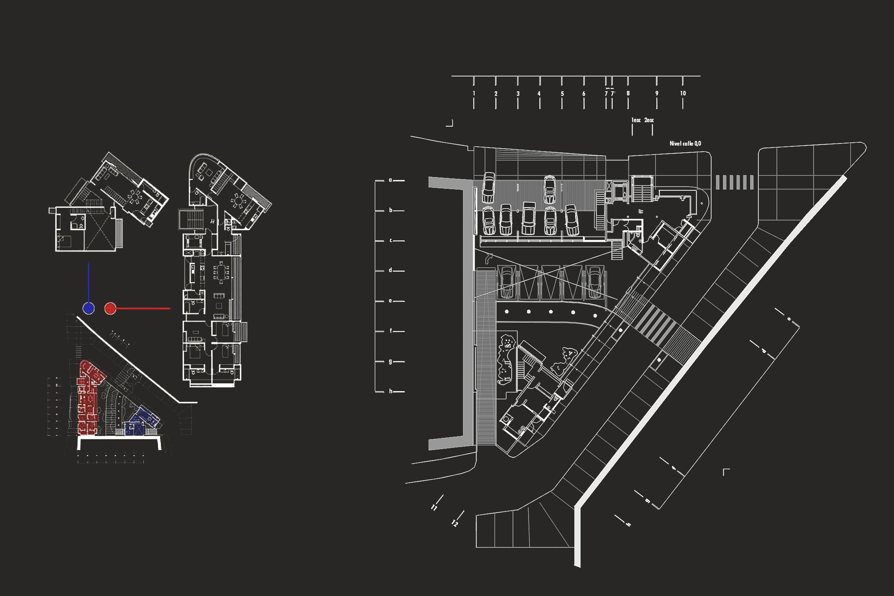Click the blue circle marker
click(x=89, y=308)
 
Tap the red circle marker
click(x=110, y=308)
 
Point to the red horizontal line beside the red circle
click(x=143, y=309)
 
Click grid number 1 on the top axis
click(x=474, y=93)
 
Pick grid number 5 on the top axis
click(x=562, y=93)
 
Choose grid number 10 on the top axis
click(x=683, y=93)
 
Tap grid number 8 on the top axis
click(x=628, y=93)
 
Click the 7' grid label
click(x=613, y=93)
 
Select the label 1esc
click(x=636, y=120)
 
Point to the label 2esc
click(x=649, y=120)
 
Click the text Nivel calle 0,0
click(x=685, y=143)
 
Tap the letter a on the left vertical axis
click(x=390, y=180)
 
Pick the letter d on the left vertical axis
click(x=390, y=270)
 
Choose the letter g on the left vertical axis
click(x=390, y=361)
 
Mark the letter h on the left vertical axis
click(x=390, y=391)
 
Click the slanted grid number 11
click(x=434, y=507)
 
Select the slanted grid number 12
click(x=454, y=523)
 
